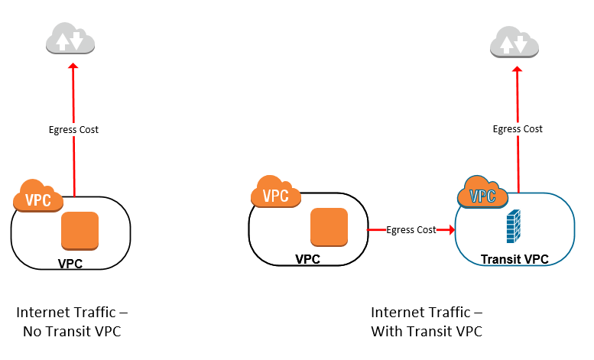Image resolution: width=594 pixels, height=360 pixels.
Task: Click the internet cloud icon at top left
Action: coord(70,39)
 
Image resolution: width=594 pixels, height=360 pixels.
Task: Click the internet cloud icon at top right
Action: coord(514,41)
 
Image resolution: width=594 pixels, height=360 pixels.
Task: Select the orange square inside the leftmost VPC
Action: coord(80,231)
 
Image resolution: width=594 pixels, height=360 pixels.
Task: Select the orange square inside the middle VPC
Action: coord(329,227)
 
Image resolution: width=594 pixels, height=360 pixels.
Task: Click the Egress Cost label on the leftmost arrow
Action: coord(73,129)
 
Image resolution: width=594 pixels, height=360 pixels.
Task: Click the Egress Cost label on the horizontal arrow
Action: coord(411,229)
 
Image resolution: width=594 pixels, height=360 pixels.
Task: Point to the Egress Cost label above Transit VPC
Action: coord(518,128)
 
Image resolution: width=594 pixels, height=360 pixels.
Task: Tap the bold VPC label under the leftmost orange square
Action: coord(70,264)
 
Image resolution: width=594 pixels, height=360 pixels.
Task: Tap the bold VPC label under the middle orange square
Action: coord(307,259)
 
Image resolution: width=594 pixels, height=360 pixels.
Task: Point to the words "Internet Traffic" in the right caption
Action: coord(417,313)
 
